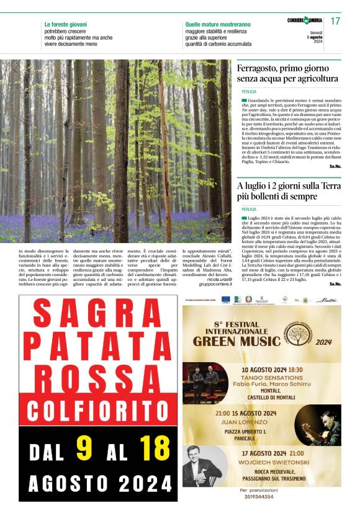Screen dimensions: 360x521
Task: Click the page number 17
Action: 336,21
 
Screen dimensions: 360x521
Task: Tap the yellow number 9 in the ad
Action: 84,448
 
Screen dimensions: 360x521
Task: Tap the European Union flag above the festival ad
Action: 225,300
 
